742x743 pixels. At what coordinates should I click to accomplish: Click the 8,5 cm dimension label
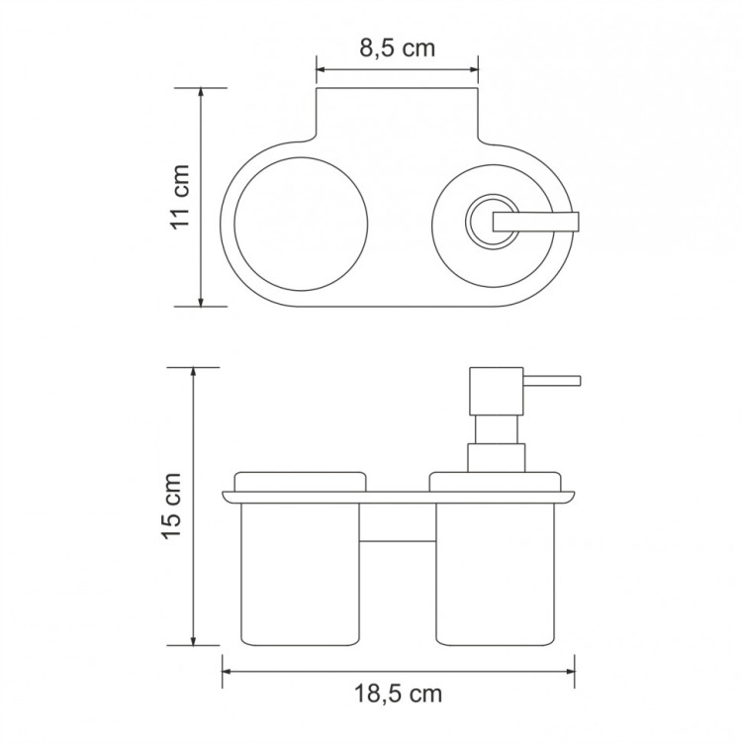pos(396,48)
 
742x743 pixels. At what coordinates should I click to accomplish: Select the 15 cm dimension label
pos(172,507)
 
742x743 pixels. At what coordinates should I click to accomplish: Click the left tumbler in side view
pos(297,574)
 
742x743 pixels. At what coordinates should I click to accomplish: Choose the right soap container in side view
pos(490,574)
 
